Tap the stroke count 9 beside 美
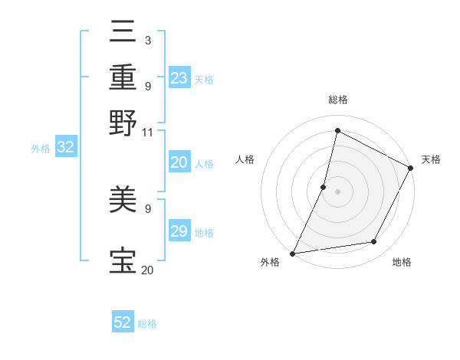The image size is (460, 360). (147, 208)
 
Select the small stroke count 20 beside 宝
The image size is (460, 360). (147, 270)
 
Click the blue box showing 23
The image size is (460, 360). (179, 78)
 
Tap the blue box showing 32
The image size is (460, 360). (65, 148)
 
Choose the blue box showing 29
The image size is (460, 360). (179, 231)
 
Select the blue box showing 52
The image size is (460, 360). (123, 322)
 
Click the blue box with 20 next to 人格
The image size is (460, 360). (179, 162)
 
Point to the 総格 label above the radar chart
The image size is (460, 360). (338, 100)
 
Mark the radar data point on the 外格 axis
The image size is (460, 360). (292, 253)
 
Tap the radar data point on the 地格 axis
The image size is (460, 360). (374, 242)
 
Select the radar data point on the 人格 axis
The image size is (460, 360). (324, 186)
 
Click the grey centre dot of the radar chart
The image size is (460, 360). (338, 191)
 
